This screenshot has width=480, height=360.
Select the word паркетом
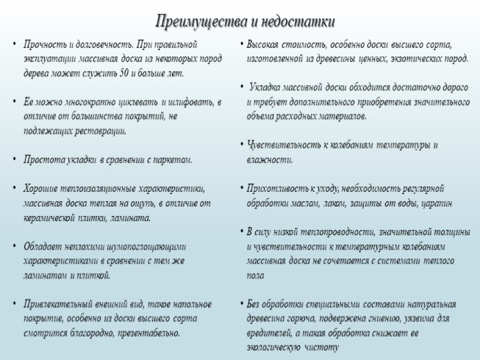coord(171,159)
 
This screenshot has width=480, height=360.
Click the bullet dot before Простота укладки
coord(14,159)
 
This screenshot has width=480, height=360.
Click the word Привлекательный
coord(60,303)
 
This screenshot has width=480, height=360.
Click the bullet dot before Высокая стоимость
coord(241,44)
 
